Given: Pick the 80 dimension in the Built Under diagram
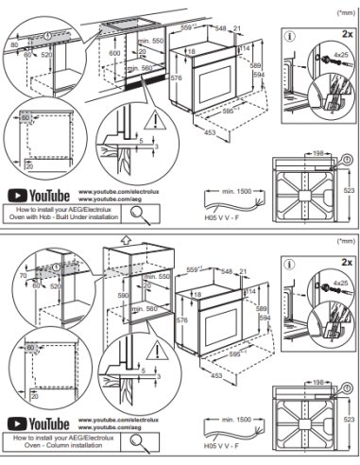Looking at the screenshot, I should pos(14,44).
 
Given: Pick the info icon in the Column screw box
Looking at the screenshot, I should pos(292,266).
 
